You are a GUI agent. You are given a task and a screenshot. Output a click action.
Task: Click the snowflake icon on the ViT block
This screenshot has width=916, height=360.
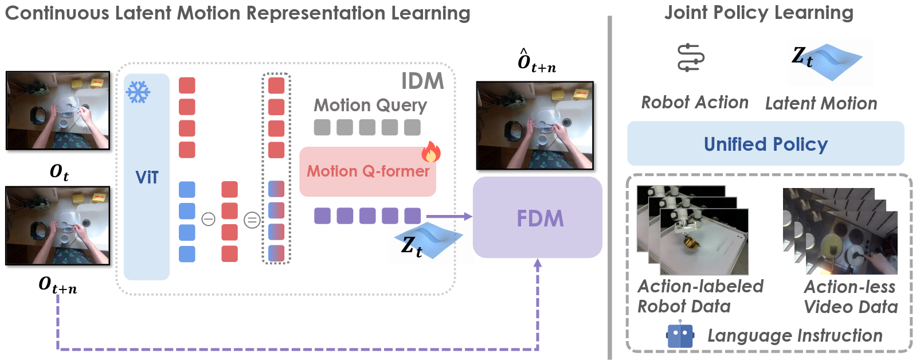coord(138,92)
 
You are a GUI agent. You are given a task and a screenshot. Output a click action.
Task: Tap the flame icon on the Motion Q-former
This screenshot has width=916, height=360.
coord(431,152)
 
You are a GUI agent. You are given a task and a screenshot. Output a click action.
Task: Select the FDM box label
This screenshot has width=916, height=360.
coord(540,218)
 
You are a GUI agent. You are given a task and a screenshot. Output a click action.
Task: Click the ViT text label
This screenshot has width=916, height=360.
coord(147,178)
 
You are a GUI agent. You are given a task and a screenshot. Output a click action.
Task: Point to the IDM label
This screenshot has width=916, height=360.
coord(422,81)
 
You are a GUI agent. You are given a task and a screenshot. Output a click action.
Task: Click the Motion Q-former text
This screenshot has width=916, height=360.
coord(368,171)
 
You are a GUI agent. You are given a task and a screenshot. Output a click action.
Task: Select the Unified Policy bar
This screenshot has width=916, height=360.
coord(765,144)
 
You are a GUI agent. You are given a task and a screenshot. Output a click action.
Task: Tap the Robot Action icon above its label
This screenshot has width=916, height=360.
coord(691,58)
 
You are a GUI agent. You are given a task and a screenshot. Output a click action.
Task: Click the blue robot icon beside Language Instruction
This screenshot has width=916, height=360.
coord(680,336)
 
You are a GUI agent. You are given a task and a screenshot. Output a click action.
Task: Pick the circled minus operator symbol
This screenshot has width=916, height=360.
coord(209,219)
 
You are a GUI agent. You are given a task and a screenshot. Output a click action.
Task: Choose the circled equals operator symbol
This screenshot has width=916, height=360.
coord(252,220)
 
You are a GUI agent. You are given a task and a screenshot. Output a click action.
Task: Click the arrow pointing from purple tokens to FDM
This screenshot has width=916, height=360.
coord(449,216)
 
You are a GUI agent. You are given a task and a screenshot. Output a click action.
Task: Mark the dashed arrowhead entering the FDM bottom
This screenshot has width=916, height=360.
coord(538,264)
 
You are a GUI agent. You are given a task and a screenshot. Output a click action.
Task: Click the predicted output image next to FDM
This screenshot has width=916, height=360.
coord(534,126)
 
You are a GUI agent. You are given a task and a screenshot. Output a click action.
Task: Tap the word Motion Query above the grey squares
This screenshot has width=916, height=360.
coord(370,105)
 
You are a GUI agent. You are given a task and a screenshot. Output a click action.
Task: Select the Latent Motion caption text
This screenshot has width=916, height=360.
coord(821,104)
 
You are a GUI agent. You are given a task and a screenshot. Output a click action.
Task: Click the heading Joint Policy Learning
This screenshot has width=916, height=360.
coord(758,13)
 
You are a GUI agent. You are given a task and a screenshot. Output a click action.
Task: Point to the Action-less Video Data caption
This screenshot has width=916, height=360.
coord(851,297)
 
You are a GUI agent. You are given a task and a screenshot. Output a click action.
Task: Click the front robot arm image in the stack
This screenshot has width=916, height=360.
coord(704,241)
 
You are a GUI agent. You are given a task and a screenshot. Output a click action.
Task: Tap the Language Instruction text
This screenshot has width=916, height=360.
coord(794,336)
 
